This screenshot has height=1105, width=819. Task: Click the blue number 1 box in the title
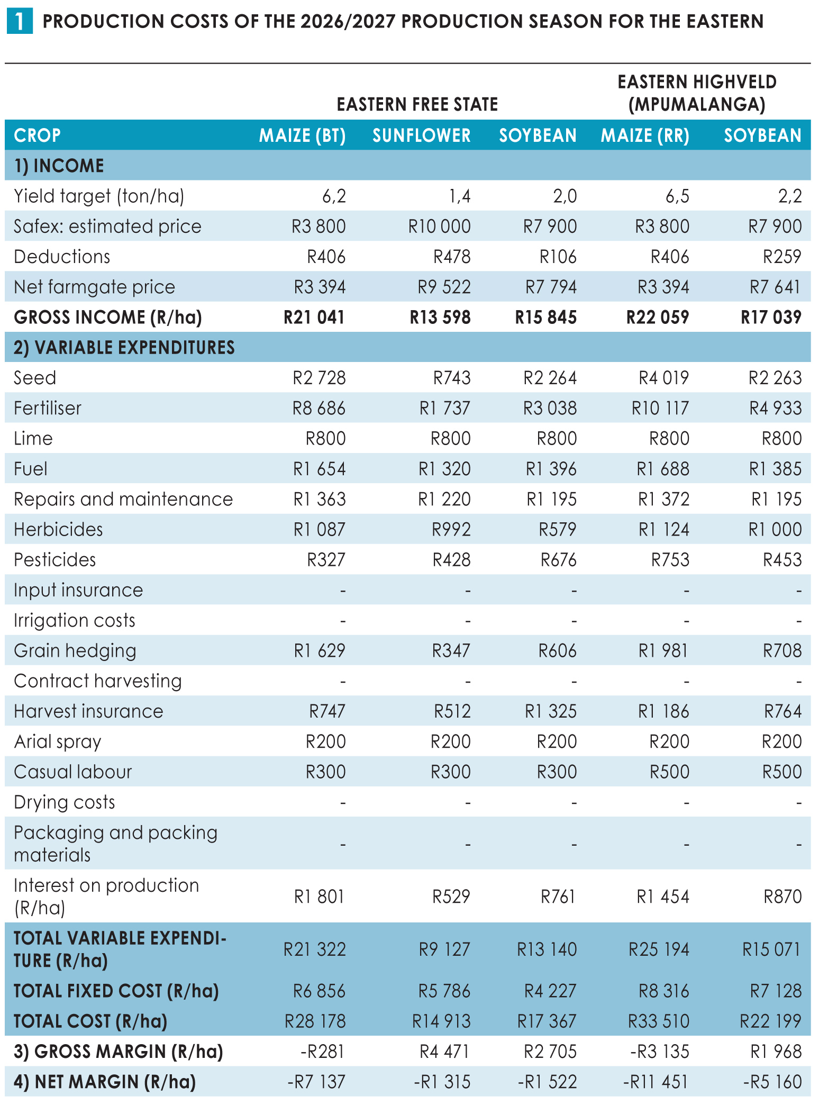(19, 22)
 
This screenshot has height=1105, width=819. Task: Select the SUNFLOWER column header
(422, 135)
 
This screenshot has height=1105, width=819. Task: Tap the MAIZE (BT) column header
(302, 135)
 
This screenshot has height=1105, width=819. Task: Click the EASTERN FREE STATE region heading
(417, 104)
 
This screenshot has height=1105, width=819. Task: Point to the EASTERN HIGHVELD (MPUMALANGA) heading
(697, 93)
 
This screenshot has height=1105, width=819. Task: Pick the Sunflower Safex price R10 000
(440, 227)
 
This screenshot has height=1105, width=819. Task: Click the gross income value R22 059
(658, 317)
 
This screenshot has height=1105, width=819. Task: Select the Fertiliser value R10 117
(660, 408)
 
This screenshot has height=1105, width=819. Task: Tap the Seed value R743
(452, 378)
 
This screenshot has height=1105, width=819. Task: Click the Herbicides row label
(58, 529)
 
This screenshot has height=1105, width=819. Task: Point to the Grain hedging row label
(75, 651)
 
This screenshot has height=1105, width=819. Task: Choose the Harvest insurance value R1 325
(551, 711)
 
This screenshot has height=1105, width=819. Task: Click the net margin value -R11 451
(656, 1082)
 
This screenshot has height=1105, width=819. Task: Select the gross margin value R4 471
(444, 1052)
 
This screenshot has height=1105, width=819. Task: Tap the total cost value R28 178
(315, 1021)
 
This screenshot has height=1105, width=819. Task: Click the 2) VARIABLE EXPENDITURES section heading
(124, 347)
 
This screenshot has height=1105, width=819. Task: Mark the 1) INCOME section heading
(59, 166)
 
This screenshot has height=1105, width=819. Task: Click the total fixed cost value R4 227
(550, 991)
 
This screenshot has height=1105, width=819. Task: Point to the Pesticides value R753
(670, 560)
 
